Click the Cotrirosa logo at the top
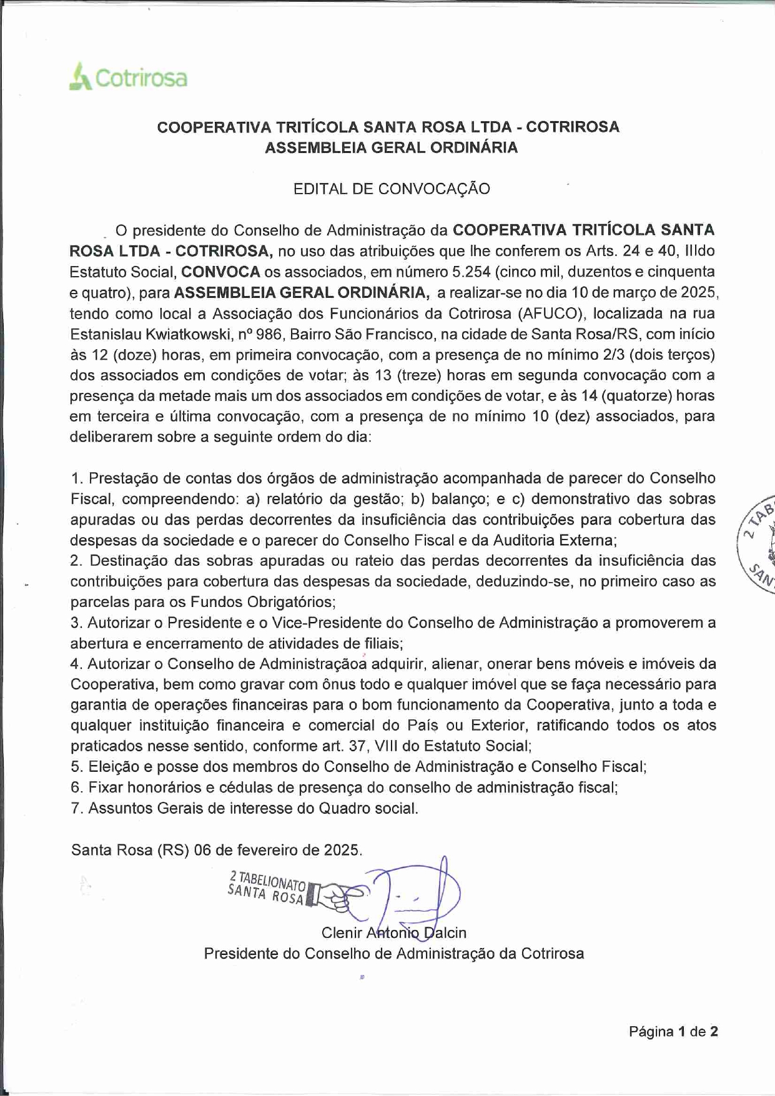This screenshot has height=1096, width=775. click(128, 77)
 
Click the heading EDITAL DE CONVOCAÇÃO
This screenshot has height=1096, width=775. click(392, 189)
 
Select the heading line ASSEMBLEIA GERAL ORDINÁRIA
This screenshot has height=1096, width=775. click(392, 148)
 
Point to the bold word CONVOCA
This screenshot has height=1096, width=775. click(220, 272)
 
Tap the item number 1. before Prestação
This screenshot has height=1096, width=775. click(77, 478)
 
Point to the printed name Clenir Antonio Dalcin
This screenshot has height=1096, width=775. click(393, 933)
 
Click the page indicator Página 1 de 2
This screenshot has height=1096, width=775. click(673, 1031)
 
